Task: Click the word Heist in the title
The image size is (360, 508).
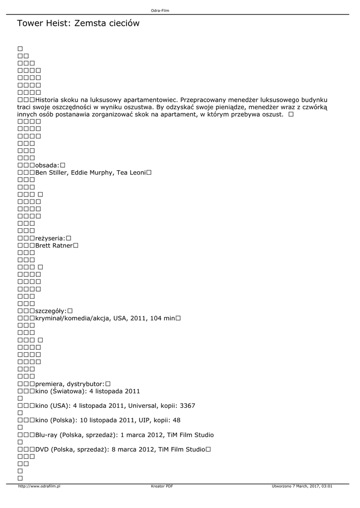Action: click(x=59, y=23)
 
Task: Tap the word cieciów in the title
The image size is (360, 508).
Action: click(x=122, y=23)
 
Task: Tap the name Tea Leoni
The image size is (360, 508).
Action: click(x=131, y=173)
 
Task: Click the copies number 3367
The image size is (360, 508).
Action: click(x=187, y=406)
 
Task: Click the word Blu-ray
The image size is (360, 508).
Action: click(x=46, y=435)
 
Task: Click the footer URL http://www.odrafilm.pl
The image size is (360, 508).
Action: click(x=39, y=486)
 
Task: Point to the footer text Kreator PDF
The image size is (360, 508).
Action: click(x=161, y=486)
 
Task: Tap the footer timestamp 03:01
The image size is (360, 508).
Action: click(x=327, y=486)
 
